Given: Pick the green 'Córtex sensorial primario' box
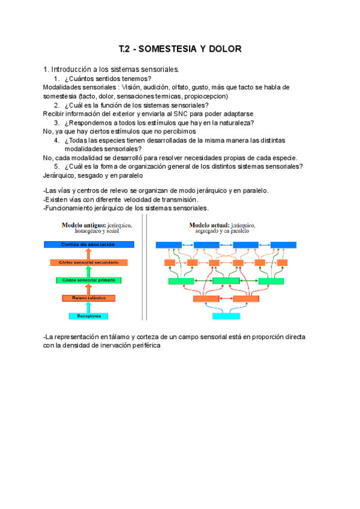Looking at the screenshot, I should tap(88, 280).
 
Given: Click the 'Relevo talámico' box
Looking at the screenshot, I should tap(88, 298).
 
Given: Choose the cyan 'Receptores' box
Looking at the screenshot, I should tap(88, 315).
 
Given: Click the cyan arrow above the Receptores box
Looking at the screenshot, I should tap(88, 307).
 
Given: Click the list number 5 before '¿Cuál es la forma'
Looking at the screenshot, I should tap(56, 166).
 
